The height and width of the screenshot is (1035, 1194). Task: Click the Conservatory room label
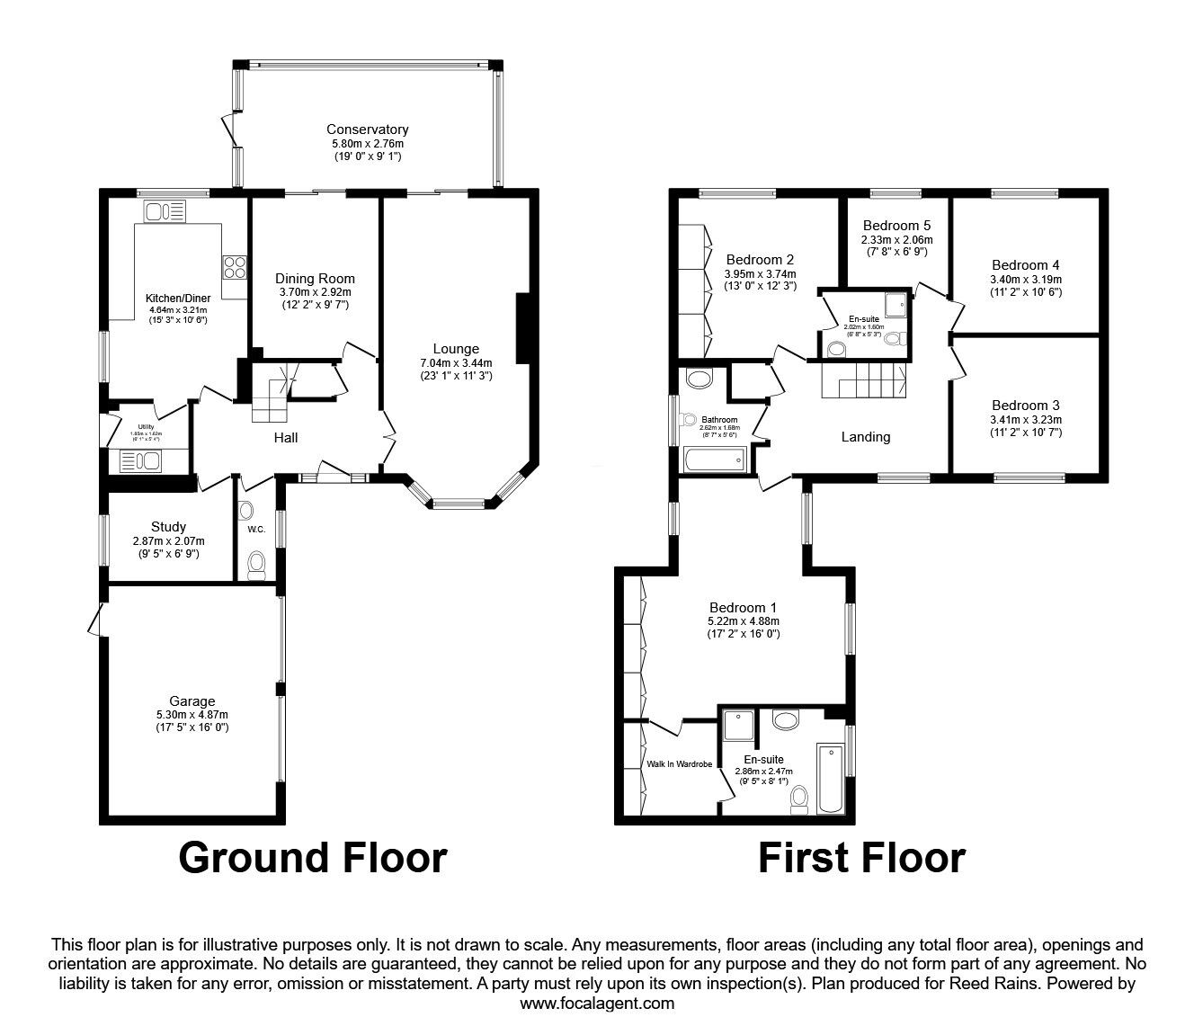[367, 129]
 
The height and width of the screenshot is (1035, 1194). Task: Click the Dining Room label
[315, 279]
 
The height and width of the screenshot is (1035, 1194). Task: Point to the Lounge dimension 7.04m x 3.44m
[456, 363]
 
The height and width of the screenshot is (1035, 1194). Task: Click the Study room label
[168, 527]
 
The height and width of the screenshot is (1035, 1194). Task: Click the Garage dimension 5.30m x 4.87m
[192, 715]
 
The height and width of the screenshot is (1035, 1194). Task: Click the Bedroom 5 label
[896, 226]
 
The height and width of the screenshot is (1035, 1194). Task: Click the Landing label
[865, 437]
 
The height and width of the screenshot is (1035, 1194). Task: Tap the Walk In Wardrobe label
[679, 764]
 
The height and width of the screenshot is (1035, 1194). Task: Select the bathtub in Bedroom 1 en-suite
[831, 775]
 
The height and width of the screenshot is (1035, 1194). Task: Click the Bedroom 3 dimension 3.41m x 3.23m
[1025, 420]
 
